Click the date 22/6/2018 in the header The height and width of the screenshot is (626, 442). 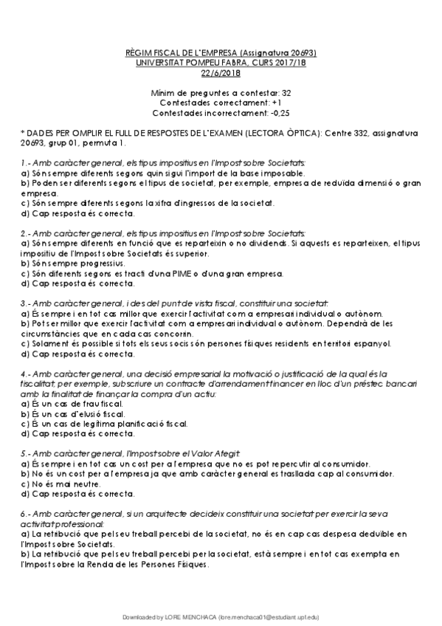click(221, 73)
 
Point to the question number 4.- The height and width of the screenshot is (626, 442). click(25, 375)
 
